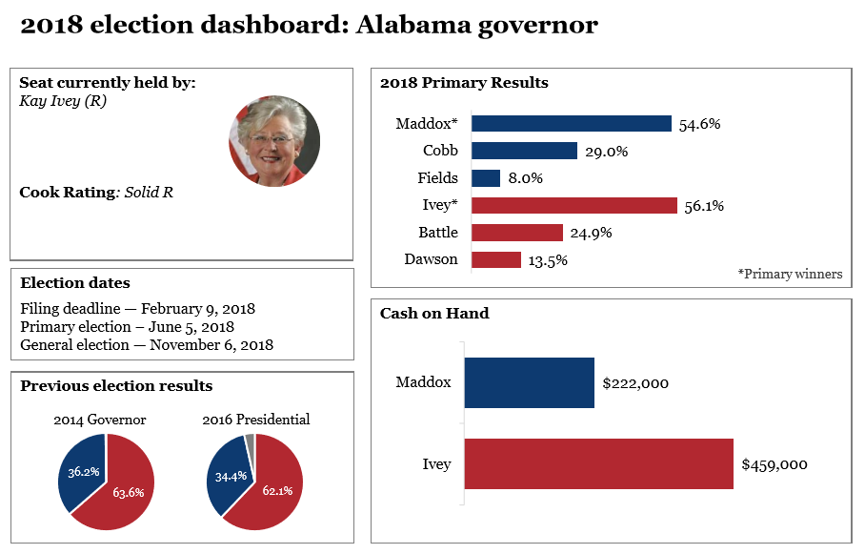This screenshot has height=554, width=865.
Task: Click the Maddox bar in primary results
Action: point(572,123)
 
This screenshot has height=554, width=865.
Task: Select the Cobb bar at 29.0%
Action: point(524,151)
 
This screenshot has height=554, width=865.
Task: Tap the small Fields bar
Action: point(486,178)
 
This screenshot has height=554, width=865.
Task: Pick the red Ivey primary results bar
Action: point(574,205)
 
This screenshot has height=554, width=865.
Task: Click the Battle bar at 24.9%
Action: point(517,233)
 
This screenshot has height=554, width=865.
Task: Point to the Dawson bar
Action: point(496,259)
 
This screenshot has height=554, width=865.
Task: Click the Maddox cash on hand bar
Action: point(530,383)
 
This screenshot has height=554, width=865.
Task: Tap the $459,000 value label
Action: point(774,464)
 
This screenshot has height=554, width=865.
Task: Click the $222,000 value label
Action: point(635,383)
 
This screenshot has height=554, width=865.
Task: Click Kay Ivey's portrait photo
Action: point(274,141)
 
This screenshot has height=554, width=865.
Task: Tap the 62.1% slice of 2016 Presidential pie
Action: point(272,491)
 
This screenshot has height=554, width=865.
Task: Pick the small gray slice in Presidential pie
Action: point(250,440)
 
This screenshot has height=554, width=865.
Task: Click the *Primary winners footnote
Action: point(790,274)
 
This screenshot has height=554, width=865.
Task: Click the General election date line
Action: point(147,344)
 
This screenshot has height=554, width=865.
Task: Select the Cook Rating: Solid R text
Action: point(96,192)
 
